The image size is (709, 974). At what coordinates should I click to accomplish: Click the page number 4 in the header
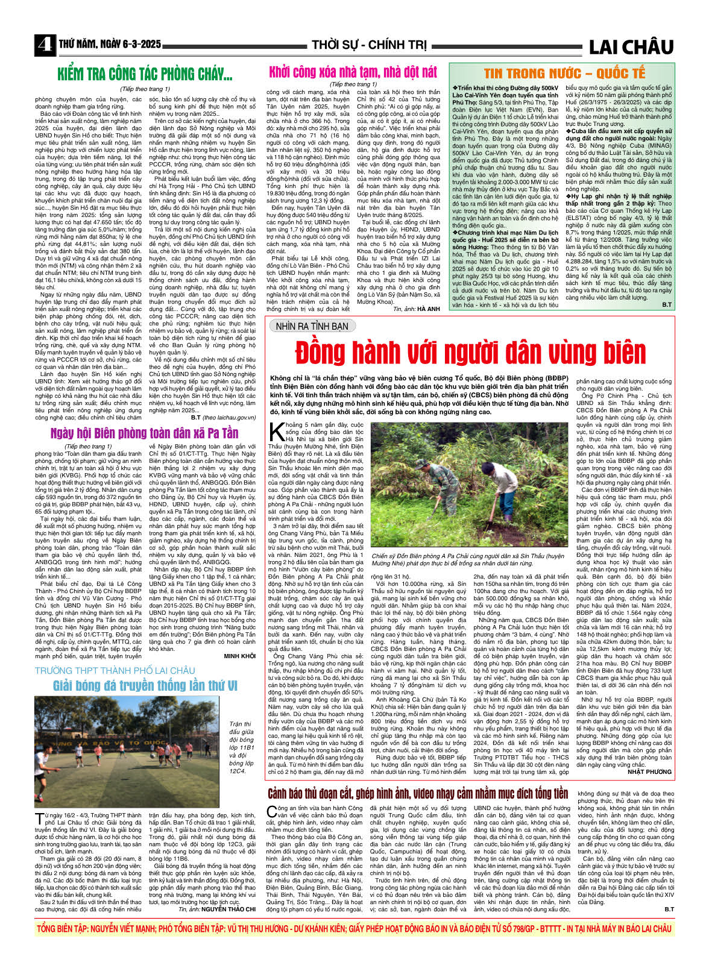click(x=43, y=45)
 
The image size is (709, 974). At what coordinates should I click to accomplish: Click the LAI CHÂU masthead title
click(x=630, y=46)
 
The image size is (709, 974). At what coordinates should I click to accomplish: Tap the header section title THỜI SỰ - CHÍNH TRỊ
click(x=369, y=45)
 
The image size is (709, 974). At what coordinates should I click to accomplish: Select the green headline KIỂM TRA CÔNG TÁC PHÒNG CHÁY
click(x=145, y=75)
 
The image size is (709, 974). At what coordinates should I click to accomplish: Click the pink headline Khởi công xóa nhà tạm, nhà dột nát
click(x=353, y=72)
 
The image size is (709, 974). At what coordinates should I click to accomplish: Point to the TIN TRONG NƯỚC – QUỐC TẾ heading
click(x=564, y=74)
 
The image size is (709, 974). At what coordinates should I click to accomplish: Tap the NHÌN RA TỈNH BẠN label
click(x=312, y=326)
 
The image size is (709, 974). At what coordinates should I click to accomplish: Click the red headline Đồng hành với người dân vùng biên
click(x=470, y=352)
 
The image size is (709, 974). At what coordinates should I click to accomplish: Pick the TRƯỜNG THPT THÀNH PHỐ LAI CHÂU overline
click(x=115, y=670)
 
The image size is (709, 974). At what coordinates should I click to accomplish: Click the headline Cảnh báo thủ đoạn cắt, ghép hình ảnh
click(x=418, y=793)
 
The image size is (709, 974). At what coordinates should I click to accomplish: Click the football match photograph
click(x=127, y=752)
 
